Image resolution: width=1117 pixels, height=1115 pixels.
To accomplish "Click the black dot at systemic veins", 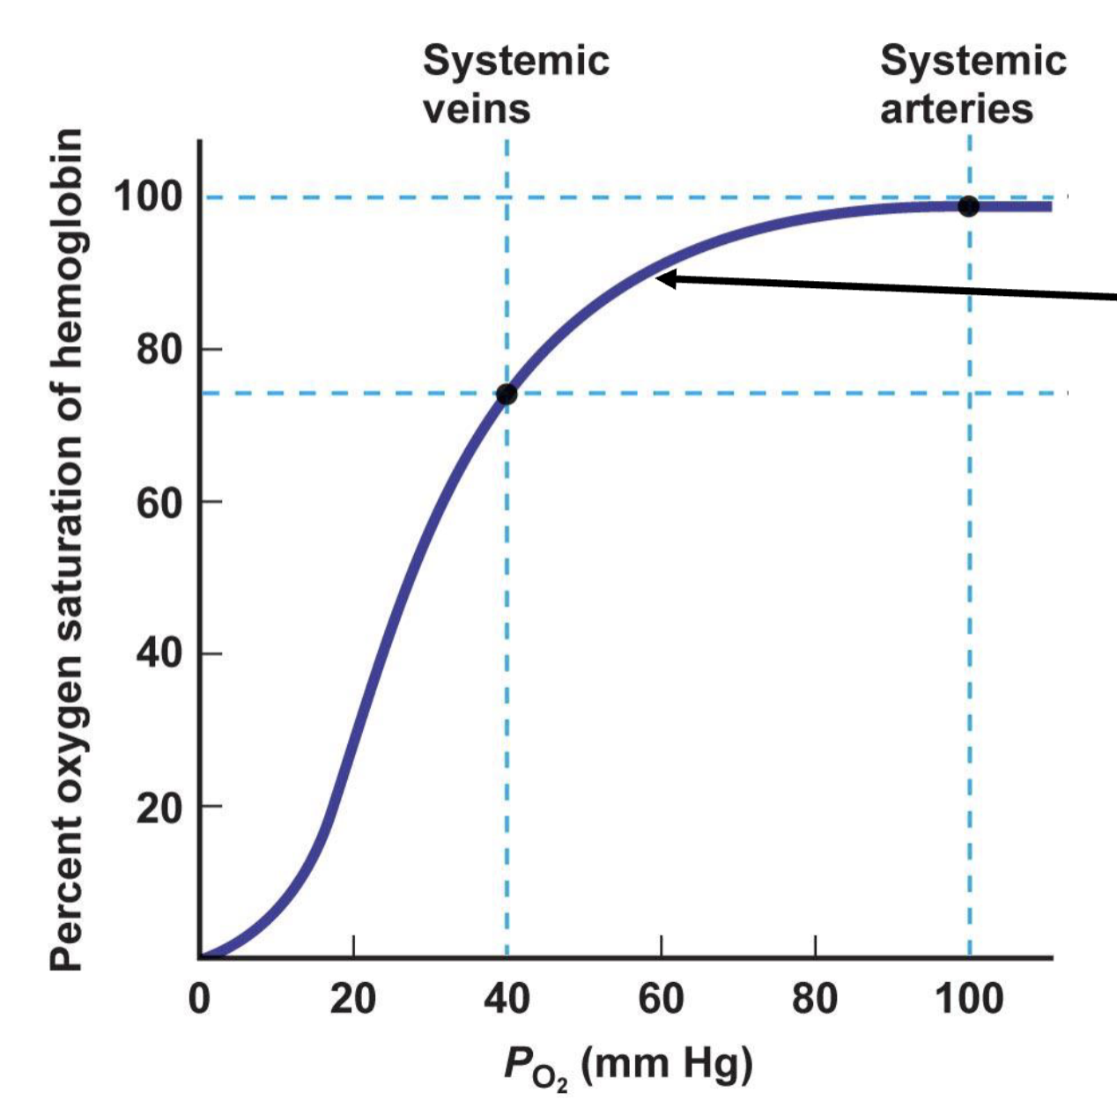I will coord(507,394).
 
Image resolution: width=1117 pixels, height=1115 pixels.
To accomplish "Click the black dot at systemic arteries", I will coord(968,206).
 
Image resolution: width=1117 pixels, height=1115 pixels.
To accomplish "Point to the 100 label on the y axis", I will coord(148,196).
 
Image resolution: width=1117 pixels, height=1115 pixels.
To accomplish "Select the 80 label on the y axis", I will coord(159,350).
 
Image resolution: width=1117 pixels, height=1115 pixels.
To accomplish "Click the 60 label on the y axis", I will coord(159,502).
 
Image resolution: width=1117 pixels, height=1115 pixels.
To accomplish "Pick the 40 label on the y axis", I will coord(159,653).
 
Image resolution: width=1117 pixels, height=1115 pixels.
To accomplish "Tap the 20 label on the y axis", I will coord(159,807).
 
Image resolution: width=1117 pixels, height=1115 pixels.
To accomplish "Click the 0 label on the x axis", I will coord(200,999).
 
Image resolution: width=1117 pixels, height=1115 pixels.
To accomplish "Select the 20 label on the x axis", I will coord(352,999).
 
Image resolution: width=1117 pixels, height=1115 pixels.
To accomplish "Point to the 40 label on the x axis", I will coord(507,999).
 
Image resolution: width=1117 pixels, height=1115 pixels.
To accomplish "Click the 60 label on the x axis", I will coord(661,999).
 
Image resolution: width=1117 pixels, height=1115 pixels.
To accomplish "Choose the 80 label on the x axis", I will coord(815,999).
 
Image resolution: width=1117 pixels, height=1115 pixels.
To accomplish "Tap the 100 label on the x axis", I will coord(968,999).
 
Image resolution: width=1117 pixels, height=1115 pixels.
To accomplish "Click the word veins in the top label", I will coord(477,109).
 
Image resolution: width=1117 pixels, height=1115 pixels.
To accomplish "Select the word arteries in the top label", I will coord(957,109).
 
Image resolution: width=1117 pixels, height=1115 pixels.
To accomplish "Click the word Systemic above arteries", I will coord(973,61).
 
